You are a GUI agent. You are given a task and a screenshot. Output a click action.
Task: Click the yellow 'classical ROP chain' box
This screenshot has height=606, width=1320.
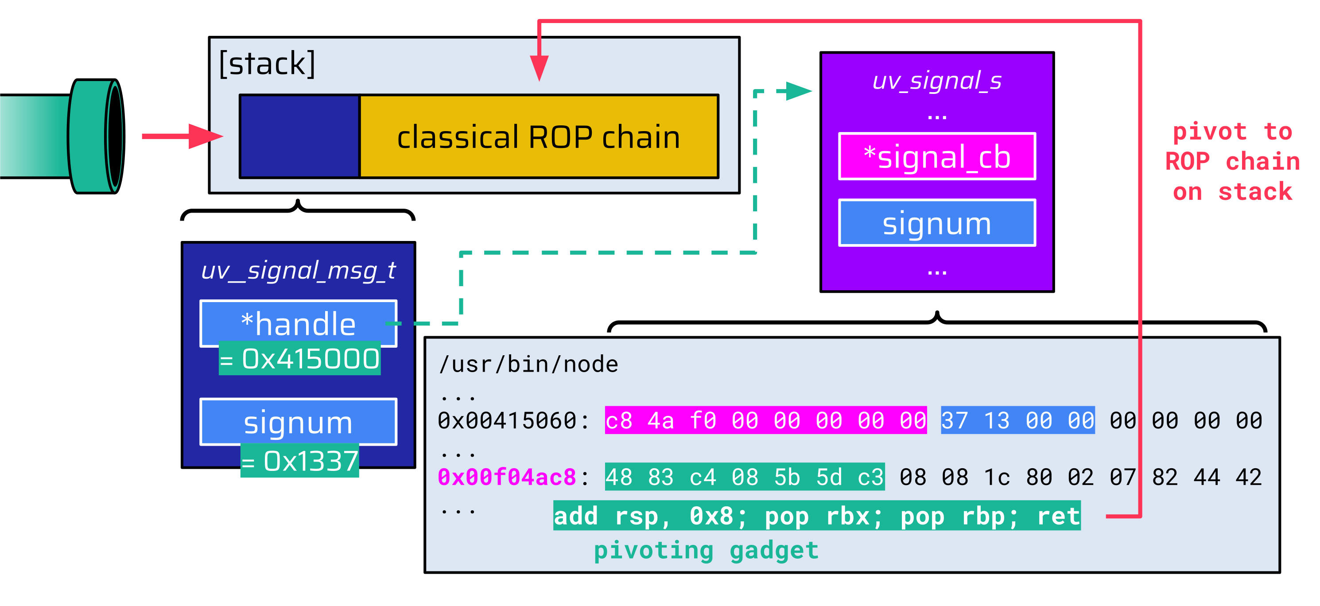point(539,137)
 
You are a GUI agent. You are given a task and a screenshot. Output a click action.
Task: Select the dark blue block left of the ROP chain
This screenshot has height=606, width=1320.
point(300,136)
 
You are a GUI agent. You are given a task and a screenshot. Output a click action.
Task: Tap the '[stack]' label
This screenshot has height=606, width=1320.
point(267,63)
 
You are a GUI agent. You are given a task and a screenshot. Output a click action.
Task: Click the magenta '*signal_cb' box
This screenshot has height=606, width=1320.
point(937,157)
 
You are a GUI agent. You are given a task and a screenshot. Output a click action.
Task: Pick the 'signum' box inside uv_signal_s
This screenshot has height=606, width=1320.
point(937,223)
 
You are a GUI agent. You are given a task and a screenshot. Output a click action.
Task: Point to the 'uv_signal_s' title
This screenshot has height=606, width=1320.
point(937,81)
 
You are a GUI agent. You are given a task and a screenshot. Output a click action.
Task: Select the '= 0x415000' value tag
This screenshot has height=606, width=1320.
point(300,358)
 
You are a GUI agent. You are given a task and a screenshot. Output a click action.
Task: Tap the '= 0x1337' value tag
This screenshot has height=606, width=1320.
point(300,461)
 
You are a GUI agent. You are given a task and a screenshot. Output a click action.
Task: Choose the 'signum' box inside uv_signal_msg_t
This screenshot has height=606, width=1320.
point(298,422)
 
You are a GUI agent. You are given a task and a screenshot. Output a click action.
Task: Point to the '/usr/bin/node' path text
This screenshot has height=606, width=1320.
point(528,364)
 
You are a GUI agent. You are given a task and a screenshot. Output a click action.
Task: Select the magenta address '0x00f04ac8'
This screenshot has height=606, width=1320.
point(507,478)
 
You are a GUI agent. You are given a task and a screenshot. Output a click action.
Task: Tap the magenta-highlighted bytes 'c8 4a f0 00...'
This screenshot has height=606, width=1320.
point(765,420)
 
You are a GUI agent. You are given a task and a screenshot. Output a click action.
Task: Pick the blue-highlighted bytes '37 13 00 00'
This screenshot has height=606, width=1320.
point(1017,420)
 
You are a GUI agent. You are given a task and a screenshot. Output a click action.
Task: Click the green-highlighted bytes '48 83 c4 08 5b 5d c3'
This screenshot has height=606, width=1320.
point(745,478)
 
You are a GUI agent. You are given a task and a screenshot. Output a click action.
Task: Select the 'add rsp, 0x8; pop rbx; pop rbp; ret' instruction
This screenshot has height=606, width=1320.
point(817,516)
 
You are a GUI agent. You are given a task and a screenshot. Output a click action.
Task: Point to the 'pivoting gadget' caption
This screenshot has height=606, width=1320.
point(706,551)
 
